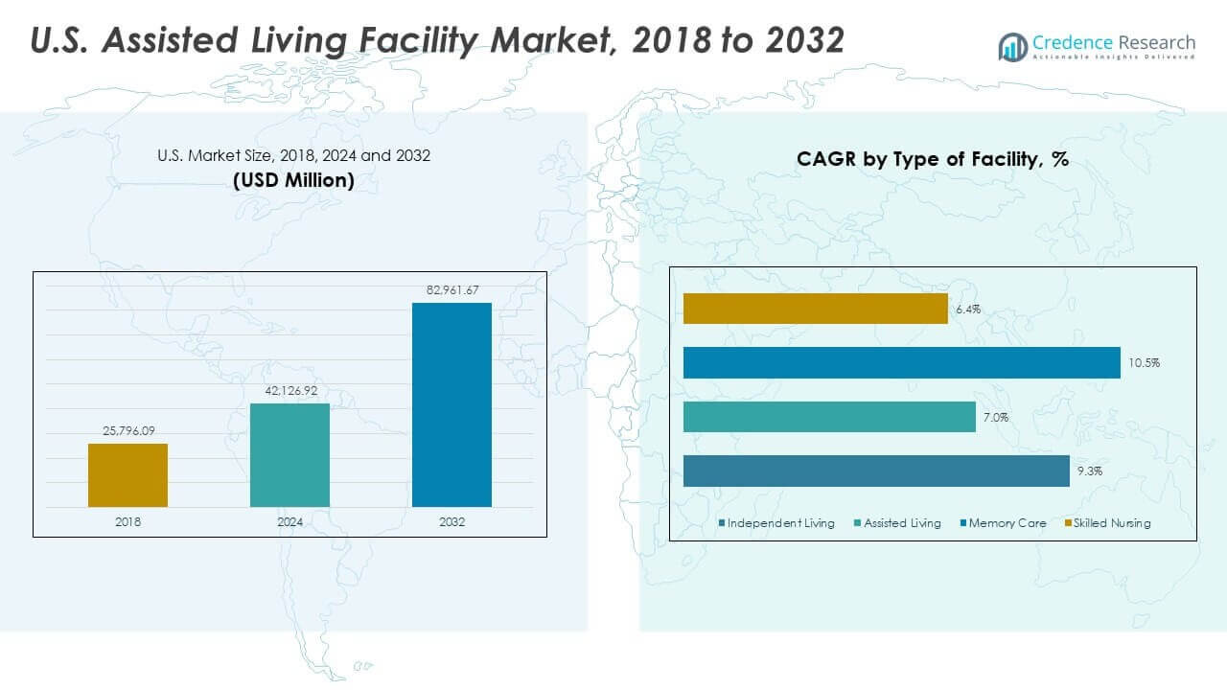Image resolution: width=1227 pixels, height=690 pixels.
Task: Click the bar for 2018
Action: click(127, 474)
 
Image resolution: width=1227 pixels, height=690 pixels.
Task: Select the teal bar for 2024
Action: click(289, 454)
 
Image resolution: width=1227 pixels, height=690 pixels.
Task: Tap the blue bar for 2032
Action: click(451, 404)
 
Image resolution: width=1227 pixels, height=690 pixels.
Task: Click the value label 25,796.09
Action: click(127, 431)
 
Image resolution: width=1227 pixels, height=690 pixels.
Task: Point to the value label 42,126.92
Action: click(289, 391)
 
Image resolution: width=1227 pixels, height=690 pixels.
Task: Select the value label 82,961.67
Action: click(451, 289)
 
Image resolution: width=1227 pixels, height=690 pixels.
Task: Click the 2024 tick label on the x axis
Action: click(289, 521)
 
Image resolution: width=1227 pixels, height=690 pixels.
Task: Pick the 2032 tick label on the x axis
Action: click(451, 521)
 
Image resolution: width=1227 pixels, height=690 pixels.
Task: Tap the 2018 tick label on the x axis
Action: click(127, 521)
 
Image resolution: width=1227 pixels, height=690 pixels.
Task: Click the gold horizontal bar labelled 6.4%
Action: click(815, 309)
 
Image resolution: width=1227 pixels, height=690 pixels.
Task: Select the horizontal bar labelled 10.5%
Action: click(901, 362)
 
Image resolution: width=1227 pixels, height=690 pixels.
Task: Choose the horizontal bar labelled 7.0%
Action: click(829, 417)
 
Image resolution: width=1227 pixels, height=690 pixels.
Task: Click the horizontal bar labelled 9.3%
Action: click(876, 471)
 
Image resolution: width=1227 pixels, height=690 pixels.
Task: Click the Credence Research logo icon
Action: click(1012, 46)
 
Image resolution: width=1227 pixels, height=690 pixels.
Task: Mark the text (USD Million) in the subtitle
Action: click(293, 180)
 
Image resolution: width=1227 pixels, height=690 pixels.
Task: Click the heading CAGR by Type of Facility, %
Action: click(932, 160)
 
